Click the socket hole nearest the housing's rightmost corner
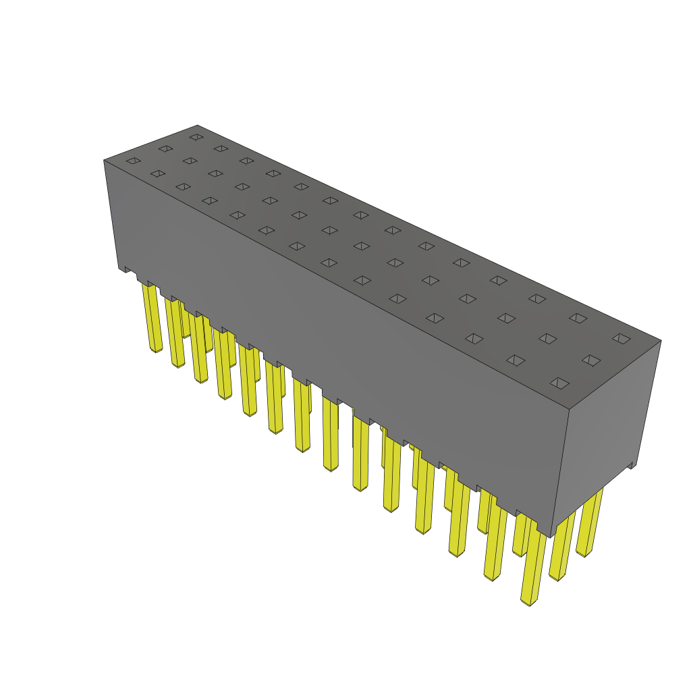[621, 338]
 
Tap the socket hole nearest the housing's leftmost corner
[133, 161]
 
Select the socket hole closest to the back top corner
[196, 137]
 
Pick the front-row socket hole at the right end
[559, 383]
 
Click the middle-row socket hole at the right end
[591, 360]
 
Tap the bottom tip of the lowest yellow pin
[530, 603]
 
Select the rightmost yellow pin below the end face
[589, 523]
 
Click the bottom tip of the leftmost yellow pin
[156, 350]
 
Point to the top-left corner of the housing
[104, 160]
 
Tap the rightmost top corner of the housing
[661, 340]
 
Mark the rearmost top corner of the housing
[197, 125]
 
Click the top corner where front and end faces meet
[570, 410]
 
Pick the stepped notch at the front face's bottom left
[125, 269]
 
